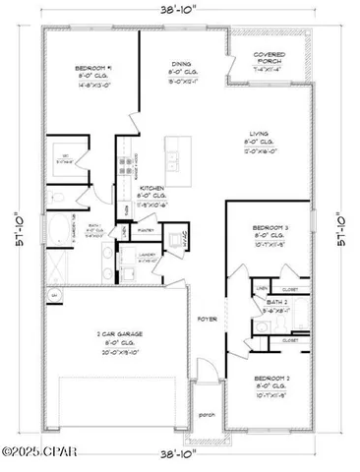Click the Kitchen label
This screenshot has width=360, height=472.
pyautogui.click(x=150, y=186)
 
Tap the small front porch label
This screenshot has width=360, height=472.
pyautogui.click(x=207, y=414)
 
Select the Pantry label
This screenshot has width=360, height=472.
pyautogui.click(x=150, y=230)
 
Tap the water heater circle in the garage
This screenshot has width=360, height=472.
pyautogui.click(x=54, y=296)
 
